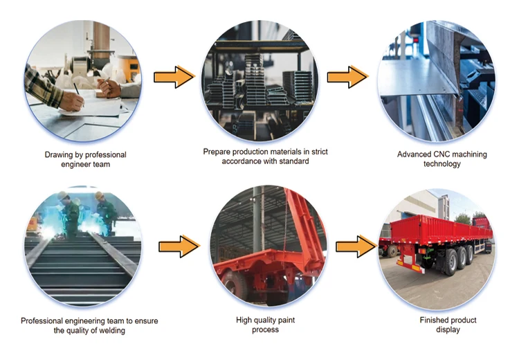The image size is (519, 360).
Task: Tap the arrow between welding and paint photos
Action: [179, 246]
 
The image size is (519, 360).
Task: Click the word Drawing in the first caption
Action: [59, 154]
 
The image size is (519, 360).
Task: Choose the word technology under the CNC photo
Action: [441, 164]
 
